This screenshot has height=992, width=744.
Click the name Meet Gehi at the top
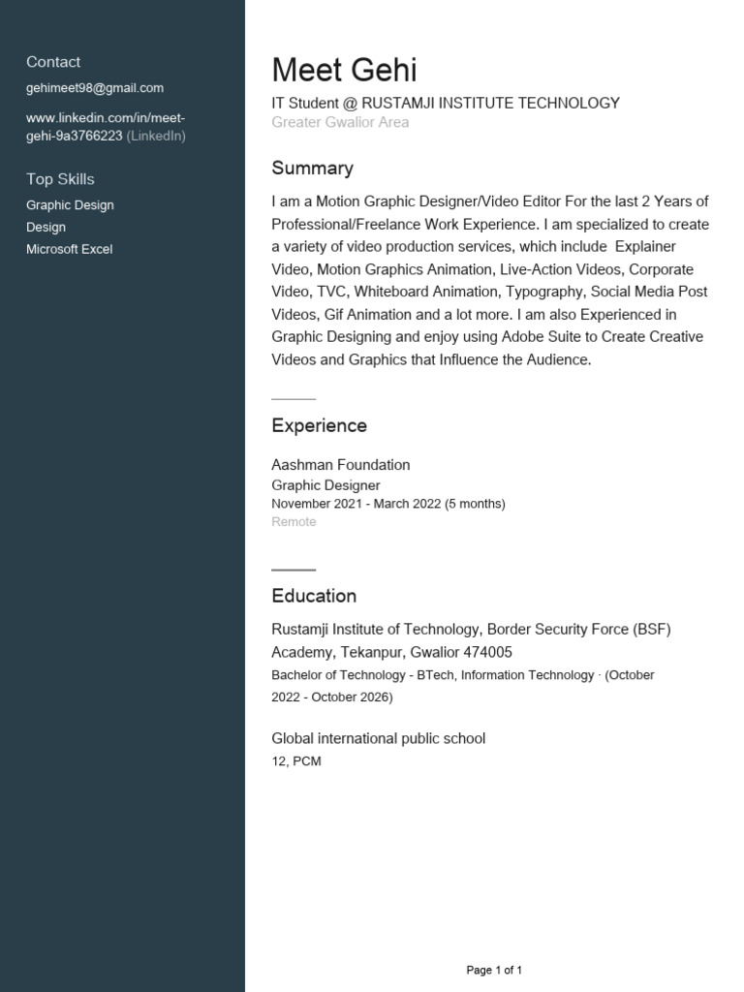[344, 71]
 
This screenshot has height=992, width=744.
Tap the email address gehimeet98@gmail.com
[95, 88]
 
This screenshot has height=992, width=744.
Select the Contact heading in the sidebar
[53, 62]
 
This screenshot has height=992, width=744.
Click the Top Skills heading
[60, 179]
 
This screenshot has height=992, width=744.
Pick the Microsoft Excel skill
[69, 249]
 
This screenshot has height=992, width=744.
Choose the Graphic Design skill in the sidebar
[70, 205]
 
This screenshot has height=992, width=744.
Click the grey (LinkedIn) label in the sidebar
[156, 136]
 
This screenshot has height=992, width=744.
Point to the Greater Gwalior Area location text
[340, 122]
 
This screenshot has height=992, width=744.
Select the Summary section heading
[312, 169]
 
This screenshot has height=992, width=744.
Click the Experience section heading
[319, 426]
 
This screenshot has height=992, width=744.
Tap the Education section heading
[314, 596]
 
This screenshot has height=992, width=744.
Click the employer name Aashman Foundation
[340, 465]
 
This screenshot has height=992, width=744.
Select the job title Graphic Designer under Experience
[325, 485]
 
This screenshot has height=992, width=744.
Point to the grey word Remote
[294, 522]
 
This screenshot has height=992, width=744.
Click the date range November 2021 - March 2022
[356, 504]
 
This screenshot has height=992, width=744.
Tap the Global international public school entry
[378, 739]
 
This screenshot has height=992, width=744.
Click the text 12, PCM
[295, 761]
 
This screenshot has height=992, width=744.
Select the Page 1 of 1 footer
[494, 970]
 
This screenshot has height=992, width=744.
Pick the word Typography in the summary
[543, 292]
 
